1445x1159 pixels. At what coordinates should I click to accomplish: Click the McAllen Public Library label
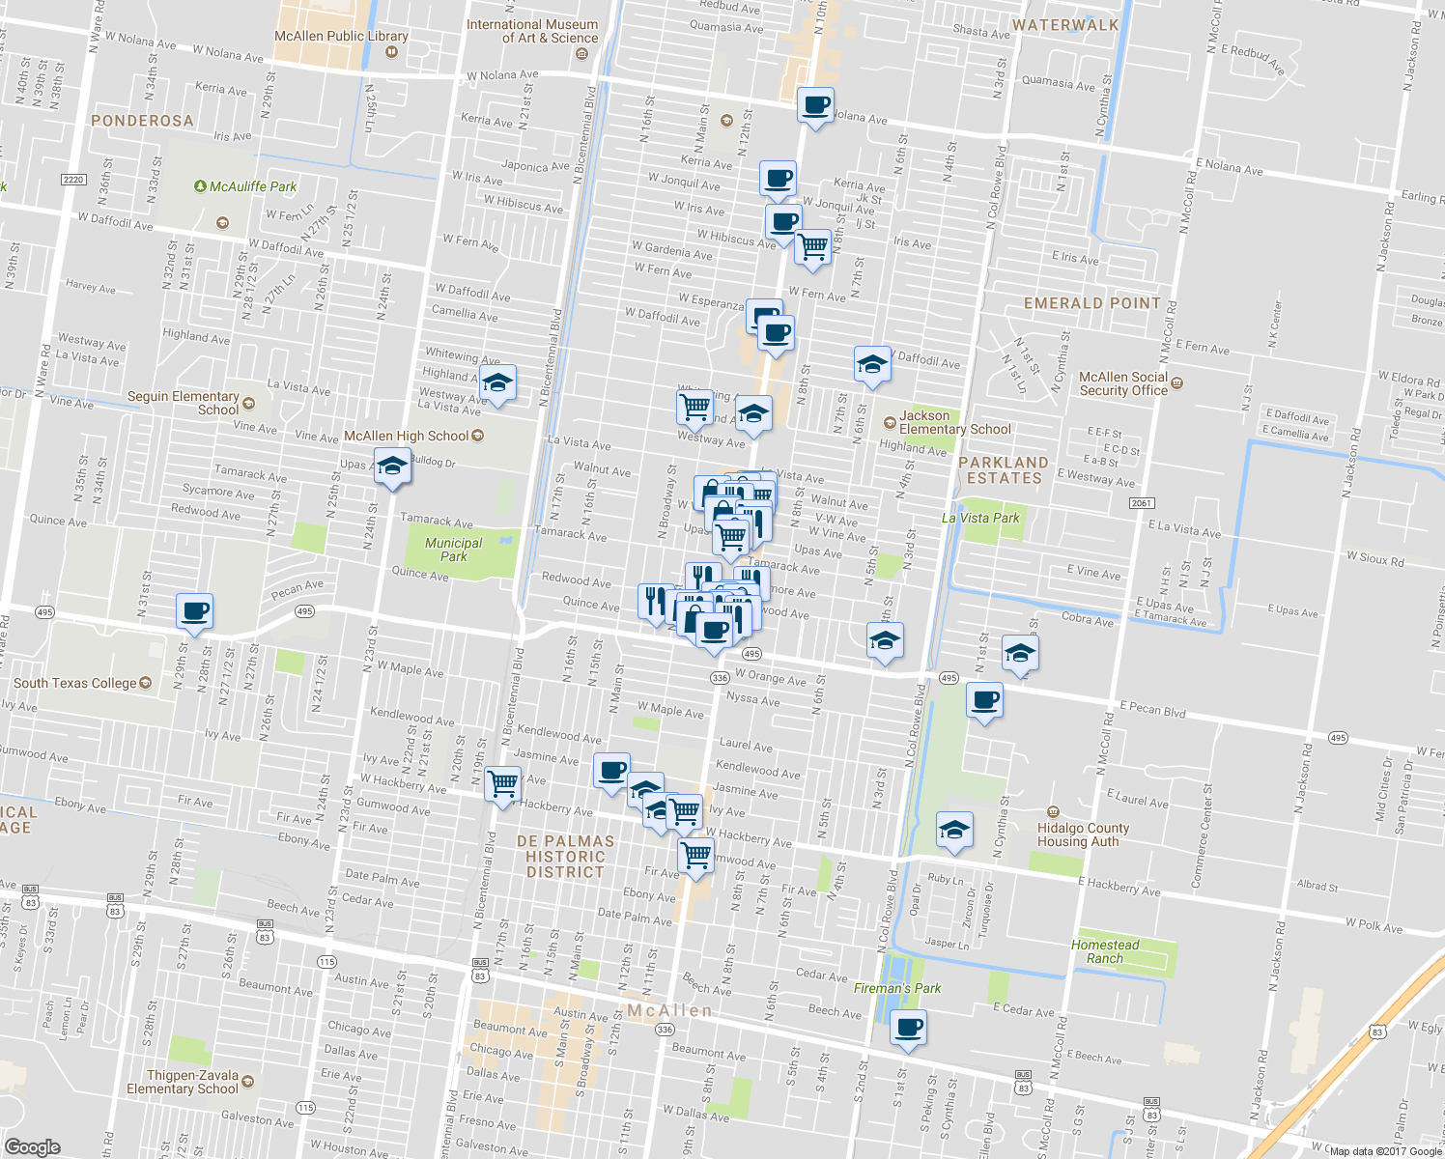(x=341, y=36)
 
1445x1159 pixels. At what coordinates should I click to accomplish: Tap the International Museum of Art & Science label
(x=532, y=31)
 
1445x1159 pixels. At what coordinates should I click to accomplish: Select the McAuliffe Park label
(x=253, y=186)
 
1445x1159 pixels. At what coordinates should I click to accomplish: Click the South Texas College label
(x=75, y=683)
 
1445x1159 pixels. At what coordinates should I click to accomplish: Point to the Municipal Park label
(x=453, y=550)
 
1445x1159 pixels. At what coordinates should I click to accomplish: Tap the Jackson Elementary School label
(x=954, y=422)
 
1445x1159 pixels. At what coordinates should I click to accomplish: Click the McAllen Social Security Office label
(x=1123, y=383)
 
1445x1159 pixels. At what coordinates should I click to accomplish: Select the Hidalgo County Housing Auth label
(x=1083, y=834)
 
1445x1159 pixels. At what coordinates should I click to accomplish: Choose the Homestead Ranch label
(x=1105, y=951)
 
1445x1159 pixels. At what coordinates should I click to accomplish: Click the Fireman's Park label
(x=897, y=988)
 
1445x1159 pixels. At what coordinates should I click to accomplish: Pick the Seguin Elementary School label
(x=184, y=403)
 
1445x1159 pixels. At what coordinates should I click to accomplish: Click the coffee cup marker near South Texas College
(x=195, y=611)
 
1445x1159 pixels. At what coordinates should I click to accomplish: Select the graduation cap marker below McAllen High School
(x=392, y=467)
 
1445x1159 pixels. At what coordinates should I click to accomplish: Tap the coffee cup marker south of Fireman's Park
(x=907, y=1029)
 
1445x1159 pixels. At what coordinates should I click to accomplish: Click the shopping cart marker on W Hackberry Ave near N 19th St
(x=502, y=783)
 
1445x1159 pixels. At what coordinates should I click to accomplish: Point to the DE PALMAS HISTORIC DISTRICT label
(x=565, y=857)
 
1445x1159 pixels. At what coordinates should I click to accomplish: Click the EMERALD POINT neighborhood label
(x=1091, y=303)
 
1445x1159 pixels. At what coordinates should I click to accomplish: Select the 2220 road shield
(x=73, y=180)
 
